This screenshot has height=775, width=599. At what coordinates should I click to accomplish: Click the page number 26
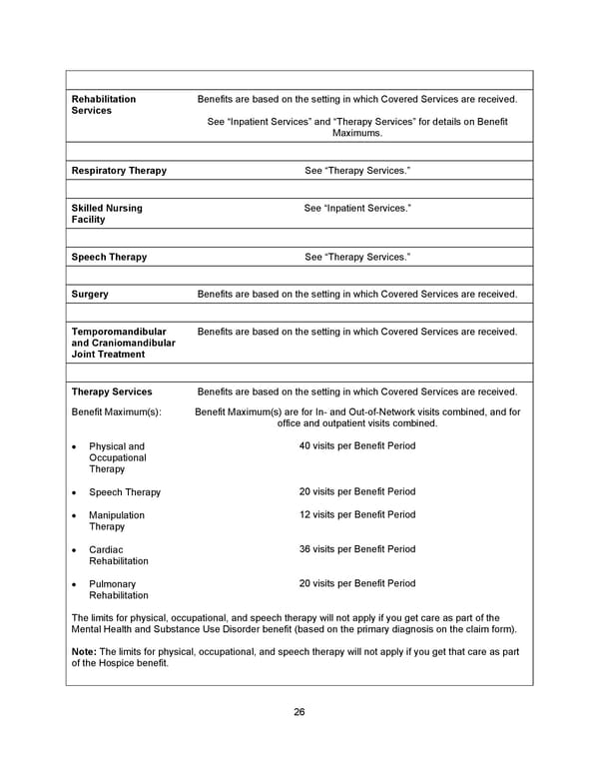(x=299, y=712)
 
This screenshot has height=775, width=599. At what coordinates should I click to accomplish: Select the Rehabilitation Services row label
(x=104, y=105)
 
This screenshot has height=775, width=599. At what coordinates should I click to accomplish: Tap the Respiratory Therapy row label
(x=119, y=171)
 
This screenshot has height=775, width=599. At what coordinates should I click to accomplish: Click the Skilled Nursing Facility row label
(x=107, y=214)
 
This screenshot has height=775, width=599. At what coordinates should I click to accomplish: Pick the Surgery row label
(x=90, y=295)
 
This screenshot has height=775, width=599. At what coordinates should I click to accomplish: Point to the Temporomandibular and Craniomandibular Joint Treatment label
(x=123, y=343)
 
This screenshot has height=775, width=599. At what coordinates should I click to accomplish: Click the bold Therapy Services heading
(x=112, y=391)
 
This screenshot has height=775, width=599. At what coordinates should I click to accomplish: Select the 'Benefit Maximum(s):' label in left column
(x=116, y=411)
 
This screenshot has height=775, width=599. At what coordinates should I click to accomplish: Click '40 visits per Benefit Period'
(x=356, y=445)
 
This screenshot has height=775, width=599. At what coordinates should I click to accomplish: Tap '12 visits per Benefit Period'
(x=356, y=514)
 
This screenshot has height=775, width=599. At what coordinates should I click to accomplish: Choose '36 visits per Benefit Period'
(x=356, y=549)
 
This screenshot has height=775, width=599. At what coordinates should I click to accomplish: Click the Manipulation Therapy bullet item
(x=116, y=520)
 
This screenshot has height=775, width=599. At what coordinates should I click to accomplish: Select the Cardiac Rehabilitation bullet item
(x=118, y=555)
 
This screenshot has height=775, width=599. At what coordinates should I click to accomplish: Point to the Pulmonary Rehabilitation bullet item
(x=118, y=589)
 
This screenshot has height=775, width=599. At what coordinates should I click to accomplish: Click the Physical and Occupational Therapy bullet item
(x=117, y=457)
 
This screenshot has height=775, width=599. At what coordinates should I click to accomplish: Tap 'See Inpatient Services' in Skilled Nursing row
(x=356, y=208)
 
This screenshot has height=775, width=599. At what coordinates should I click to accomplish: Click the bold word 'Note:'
(x=84, y=652)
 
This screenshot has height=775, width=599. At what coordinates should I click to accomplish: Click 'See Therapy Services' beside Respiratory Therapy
(x=356, y=171)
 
